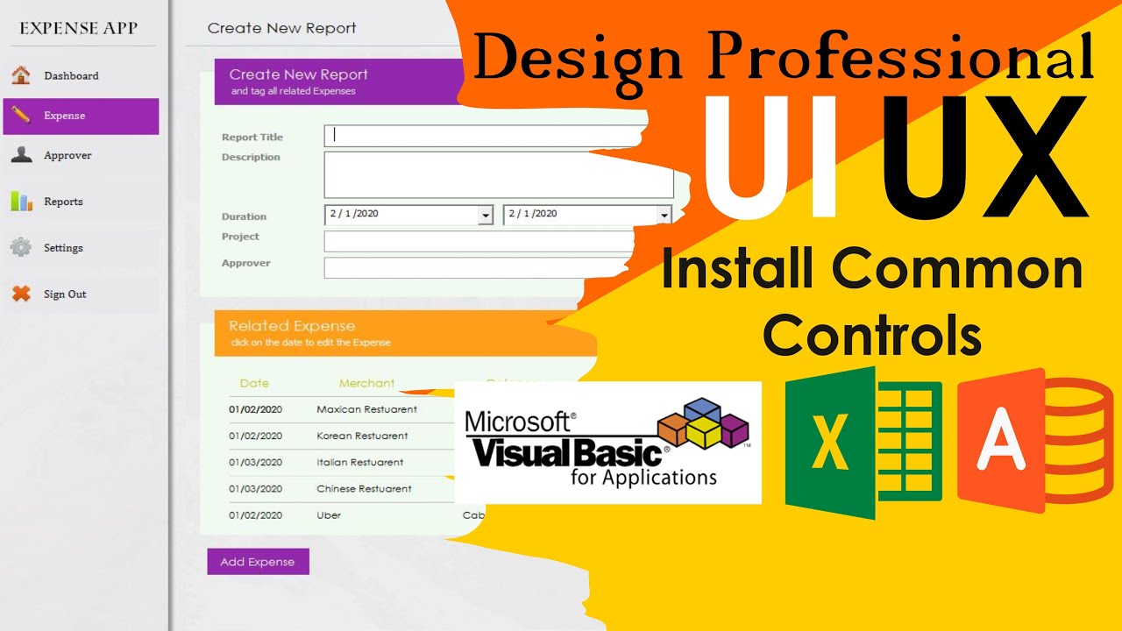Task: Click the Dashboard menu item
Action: pos(70,76)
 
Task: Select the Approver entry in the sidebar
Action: pos(67,156)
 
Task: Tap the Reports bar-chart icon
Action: pos(21,202)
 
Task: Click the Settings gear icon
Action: pos(21,248)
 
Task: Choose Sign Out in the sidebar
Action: pos(64,294)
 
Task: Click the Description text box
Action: pos(498,174)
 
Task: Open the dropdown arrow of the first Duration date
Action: pos(485,216)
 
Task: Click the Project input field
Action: pos(478,241)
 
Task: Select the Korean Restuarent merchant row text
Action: pos(362,436)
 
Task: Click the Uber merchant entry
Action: pos(329,515)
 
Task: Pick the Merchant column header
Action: pos(366,383)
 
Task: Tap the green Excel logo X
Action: pos(829,443)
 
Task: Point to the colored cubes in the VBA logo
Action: pos(704,423)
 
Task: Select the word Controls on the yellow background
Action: pos(871,334)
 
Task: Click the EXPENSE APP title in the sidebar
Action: pos(78,28)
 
